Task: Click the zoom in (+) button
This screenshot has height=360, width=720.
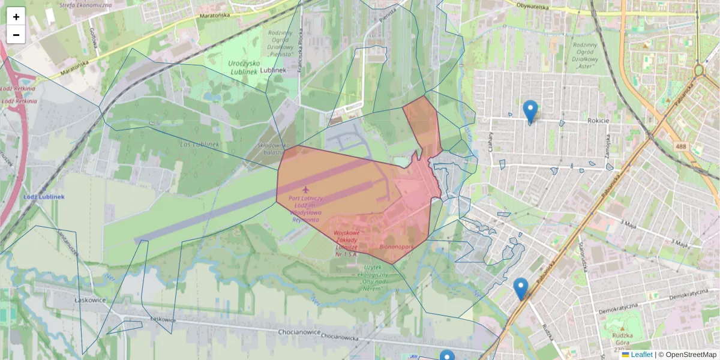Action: [16, 17]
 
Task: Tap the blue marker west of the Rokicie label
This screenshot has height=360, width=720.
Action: [530, 111]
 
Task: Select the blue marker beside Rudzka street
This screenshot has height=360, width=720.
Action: [521, 288]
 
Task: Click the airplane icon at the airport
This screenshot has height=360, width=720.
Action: [308, 190]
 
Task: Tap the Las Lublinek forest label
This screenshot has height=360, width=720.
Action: [200, 145]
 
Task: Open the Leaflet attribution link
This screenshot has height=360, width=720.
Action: [641, 355]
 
